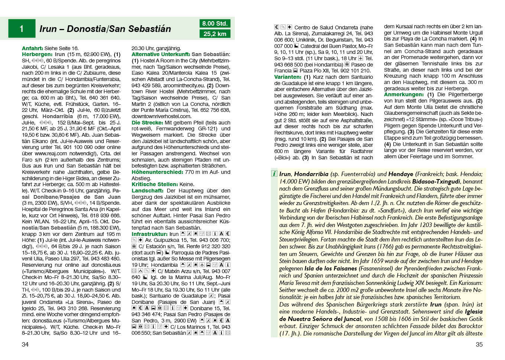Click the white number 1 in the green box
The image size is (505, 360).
(22, 29)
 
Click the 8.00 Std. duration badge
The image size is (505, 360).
(215, 23)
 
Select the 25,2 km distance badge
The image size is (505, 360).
(215, 34)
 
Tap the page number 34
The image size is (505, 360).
(25, 344)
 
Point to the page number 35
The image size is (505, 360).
(479, 344)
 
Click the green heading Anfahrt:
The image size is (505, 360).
(32, 48)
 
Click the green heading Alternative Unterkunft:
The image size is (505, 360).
(161, 54)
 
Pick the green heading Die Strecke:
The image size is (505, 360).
(147, 123)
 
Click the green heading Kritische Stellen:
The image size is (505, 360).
(155, 184)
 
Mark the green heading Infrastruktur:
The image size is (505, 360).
(150, 234)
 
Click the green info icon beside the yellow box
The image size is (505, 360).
(274, 173)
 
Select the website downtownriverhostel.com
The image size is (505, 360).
(161, 116)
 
